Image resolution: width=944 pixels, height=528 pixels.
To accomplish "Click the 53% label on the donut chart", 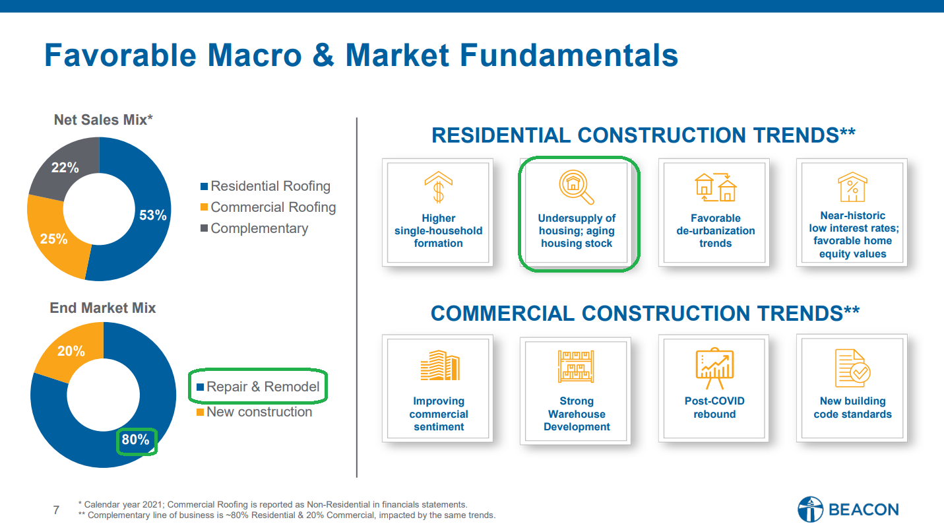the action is point(152,215).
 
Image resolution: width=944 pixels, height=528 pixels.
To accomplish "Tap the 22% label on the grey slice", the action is point(65,168).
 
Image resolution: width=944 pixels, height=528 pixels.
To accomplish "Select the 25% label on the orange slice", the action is point(53,239).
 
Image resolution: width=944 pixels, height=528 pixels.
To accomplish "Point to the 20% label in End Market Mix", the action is point(71,351).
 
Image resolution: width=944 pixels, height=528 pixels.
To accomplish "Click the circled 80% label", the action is point(135,440).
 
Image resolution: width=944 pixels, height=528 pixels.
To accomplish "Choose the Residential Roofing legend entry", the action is point(265,186).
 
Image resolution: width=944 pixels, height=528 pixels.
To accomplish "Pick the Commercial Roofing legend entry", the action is point(268,207).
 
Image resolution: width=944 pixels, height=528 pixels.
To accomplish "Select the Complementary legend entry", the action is point(254,228).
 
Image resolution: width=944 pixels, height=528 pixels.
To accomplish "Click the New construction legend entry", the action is point(255,412).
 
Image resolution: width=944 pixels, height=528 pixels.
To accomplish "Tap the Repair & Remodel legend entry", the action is point(258,387).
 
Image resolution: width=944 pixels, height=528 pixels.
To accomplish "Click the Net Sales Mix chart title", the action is point(104,119).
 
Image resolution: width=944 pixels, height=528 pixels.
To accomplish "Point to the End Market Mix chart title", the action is point(103,308).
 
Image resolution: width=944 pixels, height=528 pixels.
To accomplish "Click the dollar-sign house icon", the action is point(438,187).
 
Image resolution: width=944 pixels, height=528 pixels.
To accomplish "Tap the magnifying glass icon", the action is point(576,187).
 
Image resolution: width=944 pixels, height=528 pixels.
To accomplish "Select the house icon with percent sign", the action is point(852,187).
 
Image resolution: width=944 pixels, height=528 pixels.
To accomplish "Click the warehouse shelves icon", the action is point(576,366).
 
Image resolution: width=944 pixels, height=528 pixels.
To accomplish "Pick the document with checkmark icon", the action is point(852,368).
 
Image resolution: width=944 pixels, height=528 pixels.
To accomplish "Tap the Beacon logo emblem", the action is point(810,510).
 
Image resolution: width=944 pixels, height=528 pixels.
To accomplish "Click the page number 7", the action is point(56,510).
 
